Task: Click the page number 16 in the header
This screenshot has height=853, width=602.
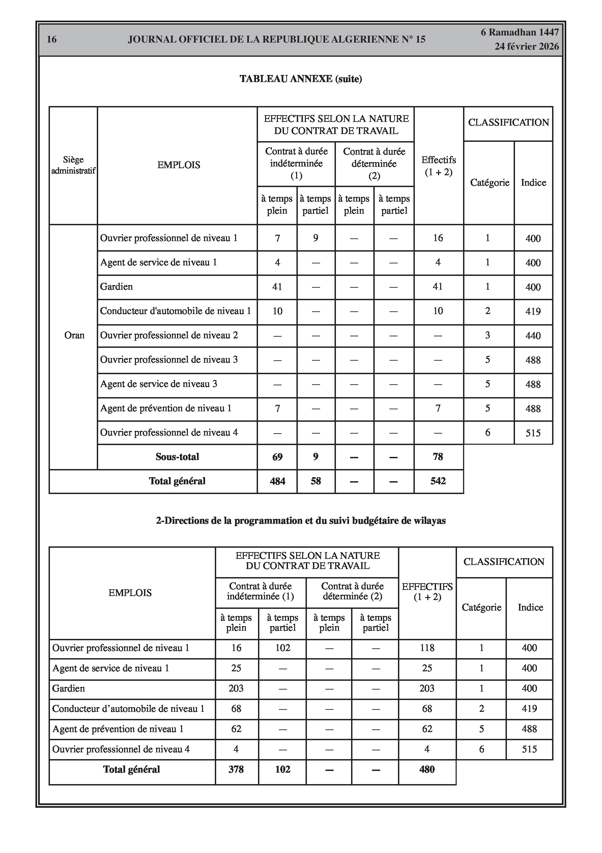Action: (52, 40)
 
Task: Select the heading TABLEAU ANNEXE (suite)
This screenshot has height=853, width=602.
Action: (300, 79)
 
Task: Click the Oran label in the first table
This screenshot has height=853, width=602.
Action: (74, 335)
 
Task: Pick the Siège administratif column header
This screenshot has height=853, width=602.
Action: (73, 165)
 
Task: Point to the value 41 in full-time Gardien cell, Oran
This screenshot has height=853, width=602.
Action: (277, 287)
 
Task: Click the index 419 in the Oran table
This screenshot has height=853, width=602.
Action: (533, 311)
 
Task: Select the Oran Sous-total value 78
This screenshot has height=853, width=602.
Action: (438, 457)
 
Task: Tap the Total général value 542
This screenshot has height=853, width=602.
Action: (438, 481)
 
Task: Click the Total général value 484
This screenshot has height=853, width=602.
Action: (277, 481)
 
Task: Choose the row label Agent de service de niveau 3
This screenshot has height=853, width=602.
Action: (159, 384)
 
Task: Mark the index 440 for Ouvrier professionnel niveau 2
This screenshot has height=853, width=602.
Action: (533, 335)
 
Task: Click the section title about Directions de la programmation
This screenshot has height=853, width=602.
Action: (300, 520)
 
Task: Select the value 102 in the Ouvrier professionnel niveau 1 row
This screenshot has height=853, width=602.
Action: (282, 648)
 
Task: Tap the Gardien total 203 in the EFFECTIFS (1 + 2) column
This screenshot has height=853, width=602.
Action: (427, 689)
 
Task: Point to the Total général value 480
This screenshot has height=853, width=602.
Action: (427, 769)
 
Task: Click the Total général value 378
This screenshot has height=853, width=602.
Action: (236, 769)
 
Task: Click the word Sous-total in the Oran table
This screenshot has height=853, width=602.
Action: (177, 457)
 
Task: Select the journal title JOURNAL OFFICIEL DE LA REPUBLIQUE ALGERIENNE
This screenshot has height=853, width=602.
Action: (277, 40)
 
